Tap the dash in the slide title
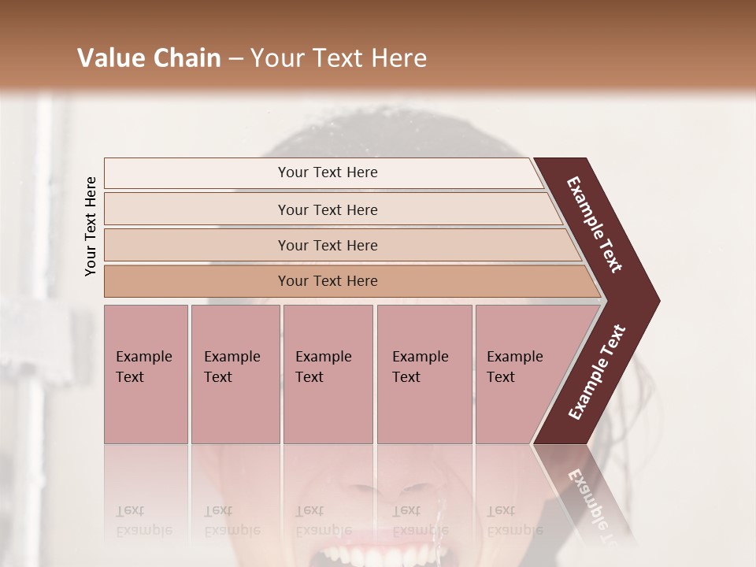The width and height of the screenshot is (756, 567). (x=235, y=59)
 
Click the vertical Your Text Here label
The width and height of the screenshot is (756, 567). (x=91, y=226)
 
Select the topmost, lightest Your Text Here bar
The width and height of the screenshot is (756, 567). (x=327, y=172)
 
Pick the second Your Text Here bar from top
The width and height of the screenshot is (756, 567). (x=327, y=209)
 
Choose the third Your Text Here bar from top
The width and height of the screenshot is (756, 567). (x=327, y=245)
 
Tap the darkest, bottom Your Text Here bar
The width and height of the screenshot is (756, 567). (x=327, y=281)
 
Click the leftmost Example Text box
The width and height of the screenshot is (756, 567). (x=146, y=374)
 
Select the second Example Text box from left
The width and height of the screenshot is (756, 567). (x=235, y=374)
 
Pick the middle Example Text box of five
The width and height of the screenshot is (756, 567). (x=328, y=374)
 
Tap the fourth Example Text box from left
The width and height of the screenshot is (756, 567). (x=424, y=374)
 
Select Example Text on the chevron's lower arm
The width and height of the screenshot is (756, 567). (x=597, y=372)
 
